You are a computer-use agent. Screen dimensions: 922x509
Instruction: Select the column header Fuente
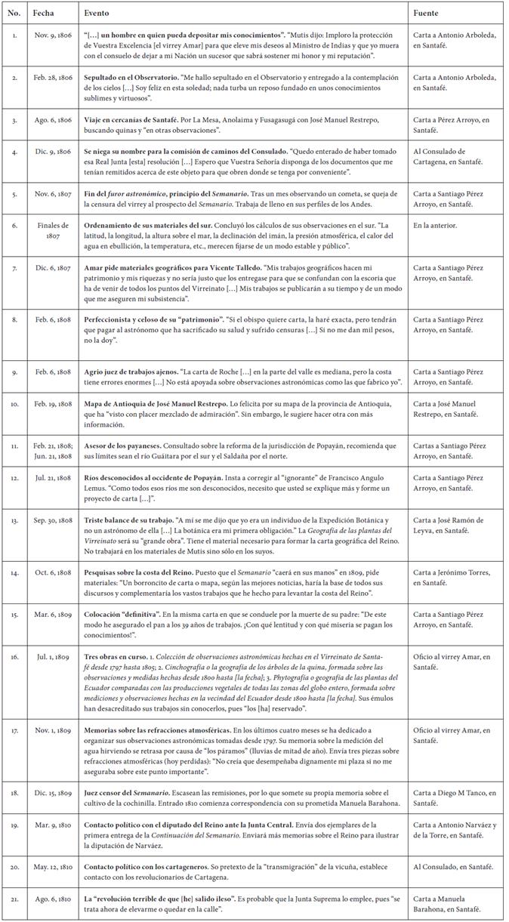(x=427, y=14)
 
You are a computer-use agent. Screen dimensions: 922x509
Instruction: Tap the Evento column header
(x=96, y=14)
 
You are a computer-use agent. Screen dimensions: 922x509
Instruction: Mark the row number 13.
(x=16, y=520)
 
